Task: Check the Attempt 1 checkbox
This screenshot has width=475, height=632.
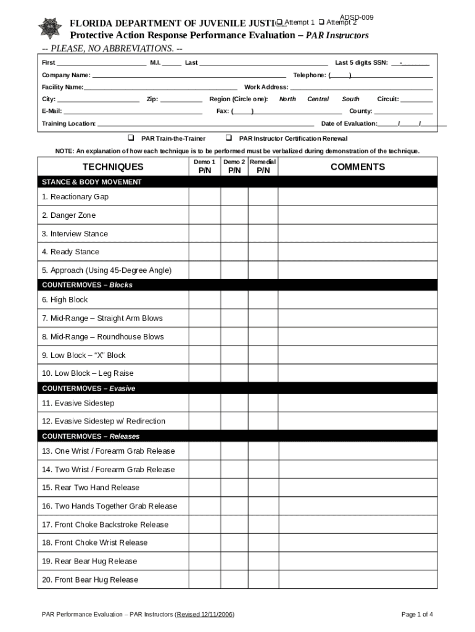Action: pyautogui.click(x=279, y=22)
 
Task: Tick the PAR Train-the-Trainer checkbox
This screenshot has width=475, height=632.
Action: pyautogui.click(x=131, y=138)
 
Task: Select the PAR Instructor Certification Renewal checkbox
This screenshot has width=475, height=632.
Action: pyautogui.click(x=228, y=138)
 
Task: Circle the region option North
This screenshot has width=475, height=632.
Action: pyautogui.click(x=287, y=99)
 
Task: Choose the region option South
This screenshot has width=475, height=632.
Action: pyautogui.click(x=350, y=99)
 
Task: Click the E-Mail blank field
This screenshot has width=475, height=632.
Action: pyautogui.click(x=133, y=111)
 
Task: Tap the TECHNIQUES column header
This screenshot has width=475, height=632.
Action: pyautogui.click(x=113, y=167)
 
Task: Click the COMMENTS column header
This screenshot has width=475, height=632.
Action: pyautogui.click(x=357, y=167)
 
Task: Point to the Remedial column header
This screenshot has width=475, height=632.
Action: pyautogui.click(x=263, y=162)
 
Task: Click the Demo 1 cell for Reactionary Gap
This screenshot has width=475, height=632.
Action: pyautogui.click(x=204, y=197)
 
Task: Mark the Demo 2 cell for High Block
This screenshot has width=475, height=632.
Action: pyautogui.click(x=234, y=300)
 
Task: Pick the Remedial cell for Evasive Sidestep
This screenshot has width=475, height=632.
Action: pyautogui.click(x=263, y=403)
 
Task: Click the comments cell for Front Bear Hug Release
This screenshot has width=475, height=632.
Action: pyautogui.click(x=357, y=580)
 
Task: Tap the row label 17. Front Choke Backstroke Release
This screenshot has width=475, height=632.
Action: pyautogui.click(x=105, y=525)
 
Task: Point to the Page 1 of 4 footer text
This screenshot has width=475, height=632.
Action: pyautogui.click(x=417, y=615)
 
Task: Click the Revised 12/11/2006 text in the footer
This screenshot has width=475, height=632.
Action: pyautogui.click(x=205, y=615)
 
